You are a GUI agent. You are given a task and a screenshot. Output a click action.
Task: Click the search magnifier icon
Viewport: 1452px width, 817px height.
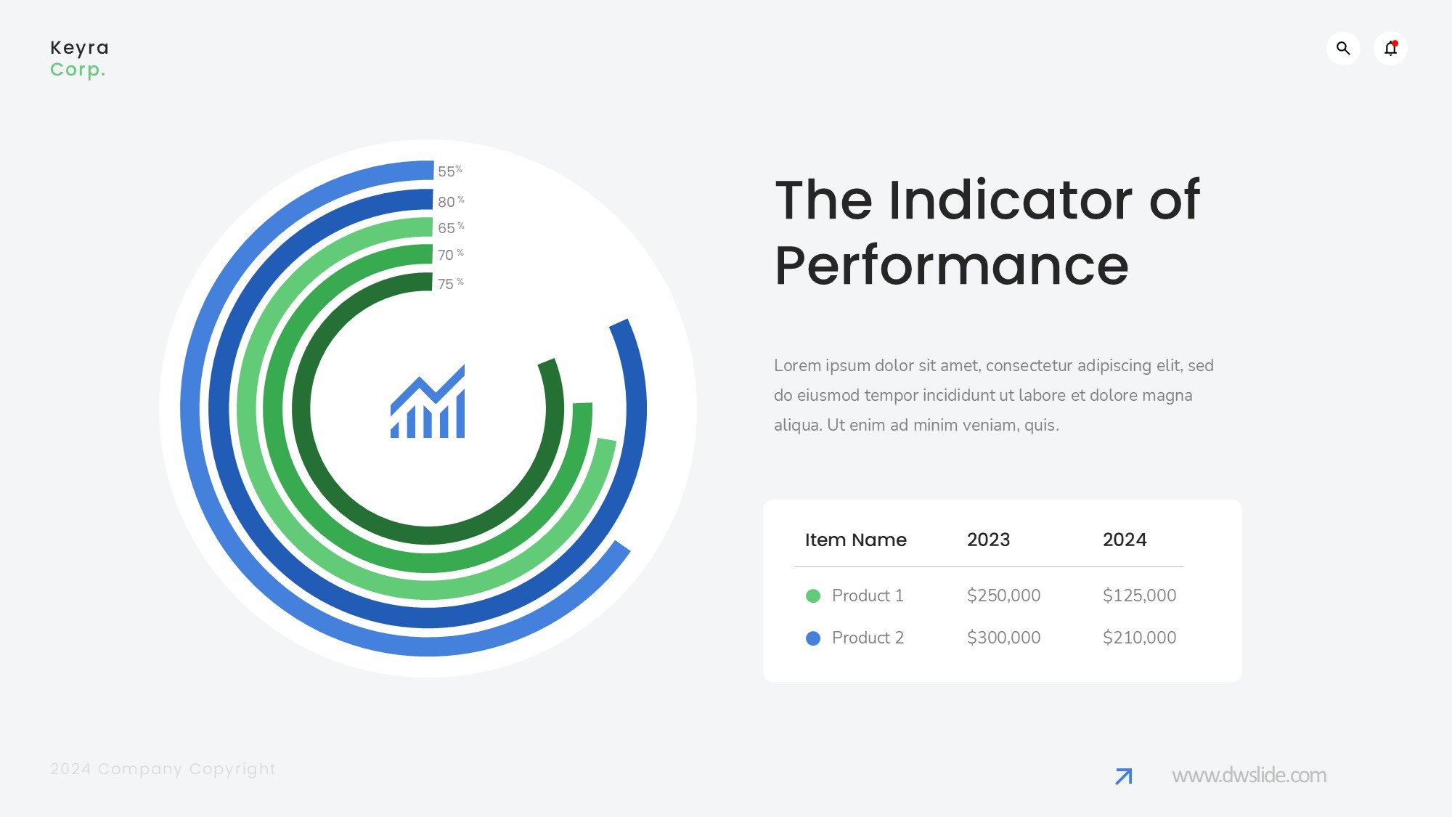point(1343,49)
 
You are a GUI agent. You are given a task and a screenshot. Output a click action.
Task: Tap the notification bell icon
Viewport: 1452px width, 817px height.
point(1390,49)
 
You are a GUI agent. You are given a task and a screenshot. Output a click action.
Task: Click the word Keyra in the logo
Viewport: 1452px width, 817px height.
point(79,49)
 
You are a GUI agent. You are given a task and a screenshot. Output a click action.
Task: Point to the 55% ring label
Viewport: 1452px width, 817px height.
point(450,171)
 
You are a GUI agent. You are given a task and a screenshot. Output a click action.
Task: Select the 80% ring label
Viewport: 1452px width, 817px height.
point(451,201)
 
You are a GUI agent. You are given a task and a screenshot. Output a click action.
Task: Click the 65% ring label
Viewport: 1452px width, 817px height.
point(451,228)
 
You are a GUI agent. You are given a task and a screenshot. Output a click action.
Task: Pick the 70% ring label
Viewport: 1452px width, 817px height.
point(450,255)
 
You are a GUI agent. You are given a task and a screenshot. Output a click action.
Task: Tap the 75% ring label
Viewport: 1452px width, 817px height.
point(450,284)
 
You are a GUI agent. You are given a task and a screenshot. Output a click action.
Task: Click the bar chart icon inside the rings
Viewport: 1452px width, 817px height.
point(428,402)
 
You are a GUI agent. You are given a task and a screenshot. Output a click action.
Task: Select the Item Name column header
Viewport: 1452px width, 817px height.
point(855,540)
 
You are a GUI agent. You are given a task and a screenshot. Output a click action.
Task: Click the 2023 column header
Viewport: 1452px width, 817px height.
point(988,540)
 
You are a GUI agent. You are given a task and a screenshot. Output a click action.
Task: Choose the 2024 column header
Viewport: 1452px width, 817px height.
point(1125,540)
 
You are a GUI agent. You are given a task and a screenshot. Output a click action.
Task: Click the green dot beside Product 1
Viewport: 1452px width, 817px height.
point(813,596)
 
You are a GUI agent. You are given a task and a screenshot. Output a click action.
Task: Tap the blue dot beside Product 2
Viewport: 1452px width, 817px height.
point(813,638)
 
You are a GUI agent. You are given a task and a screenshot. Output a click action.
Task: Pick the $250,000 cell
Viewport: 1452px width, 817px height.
point(1003,596)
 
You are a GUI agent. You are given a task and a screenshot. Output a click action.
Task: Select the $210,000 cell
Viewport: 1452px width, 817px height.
point(1139,638)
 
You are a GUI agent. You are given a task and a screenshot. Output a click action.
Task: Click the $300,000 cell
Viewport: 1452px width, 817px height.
point(1003,638)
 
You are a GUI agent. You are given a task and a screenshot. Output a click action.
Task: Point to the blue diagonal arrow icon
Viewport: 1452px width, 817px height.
point(1124,776)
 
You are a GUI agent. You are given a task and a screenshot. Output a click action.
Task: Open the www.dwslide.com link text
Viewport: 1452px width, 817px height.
point(1249,776)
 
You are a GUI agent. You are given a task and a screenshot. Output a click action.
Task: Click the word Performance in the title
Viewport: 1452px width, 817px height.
point(952,266)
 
